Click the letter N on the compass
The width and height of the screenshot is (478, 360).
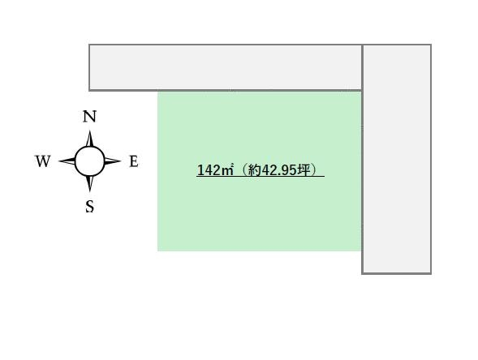click(x=89, y=117)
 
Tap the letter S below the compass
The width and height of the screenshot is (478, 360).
click(x=89, y=206)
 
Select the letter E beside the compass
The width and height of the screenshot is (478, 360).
click(x=134, y=161)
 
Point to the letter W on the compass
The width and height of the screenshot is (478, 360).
click(x=43, y=161)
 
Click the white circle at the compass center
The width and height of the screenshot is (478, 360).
click(x=89, y=161)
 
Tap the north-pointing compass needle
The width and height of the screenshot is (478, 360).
click(x=89, y=139)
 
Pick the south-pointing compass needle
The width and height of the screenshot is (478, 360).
click(x=89, y=184)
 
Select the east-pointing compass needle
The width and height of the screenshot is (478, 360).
click(x=113, y=161)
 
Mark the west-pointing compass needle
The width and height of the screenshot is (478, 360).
click(x=67, y=161)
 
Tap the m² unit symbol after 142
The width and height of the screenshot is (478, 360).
click(x=227, y=169)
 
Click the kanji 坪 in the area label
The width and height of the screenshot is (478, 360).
click(x=304, y=170)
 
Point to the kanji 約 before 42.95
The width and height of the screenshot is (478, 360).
click(x=255, y=170)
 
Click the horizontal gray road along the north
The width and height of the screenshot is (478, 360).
click(x=226, y=67)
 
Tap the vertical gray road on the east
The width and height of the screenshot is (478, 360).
click(x=397, y=159)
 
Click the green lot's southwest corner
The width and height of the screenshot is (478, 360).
click(x=157, y=251)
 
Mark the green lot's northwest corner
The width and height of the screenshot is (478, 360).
click(x=157, y=92)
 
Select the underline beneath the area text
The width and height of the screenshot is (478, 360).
click(x=261, y=176)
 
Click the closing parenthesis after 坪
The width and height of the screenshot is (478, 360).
click(x=313, y=170)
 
